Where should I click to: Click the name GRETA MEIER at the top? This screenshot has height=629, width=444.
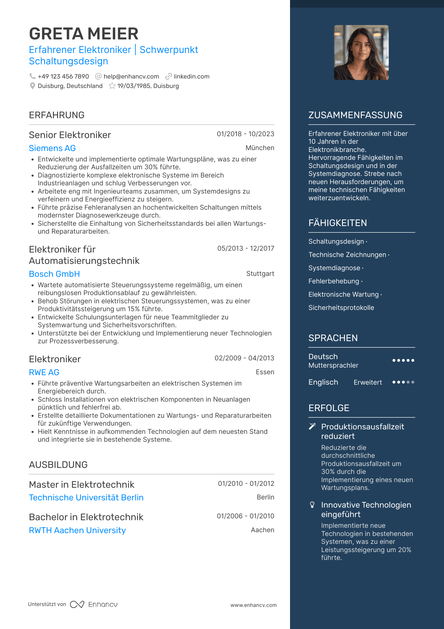84,34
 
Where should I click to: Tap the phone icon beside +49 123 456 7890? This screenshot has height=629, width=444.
32,76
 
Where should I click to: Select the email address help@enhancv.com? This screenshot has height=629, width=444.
131,77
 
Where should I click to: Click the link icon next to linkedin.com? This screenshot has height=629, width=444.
168,76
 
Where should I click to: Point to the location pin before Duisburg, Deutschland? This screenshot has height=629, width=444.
32,86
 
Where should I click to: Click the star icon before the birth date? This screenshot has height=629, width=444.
112,86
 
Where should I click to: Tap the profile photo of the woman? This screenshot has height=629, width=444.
361,53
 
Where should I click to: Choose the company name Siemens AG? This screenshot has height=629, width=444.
52,148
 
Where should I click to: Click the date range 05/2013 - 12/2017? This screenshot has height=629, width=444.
246,248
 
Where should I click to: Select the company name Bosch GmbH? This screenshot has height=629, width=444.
54,274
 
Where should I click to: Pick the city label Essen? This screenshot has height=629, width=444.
265,372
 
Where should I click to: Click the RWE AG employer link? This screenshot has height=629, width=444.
44,372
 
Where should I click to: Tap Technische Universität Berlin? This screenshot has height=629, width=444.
86,498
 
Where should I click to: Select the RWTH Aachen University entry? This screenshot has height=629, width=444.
77,530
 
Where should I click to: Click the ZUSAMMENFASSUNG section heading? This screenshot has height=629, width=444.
355,115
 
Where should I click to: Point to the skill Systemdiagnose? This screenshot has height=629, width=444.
334,268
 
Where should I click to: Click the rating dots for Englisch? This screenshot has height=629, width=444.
403,382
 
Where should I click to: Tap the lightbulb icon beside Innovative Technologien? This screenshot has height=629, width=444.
312,505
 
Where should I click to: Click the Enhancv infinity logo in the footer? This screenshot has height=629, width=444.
77,604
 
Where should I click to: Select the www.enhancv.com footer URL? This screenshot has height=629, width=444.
253,605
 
